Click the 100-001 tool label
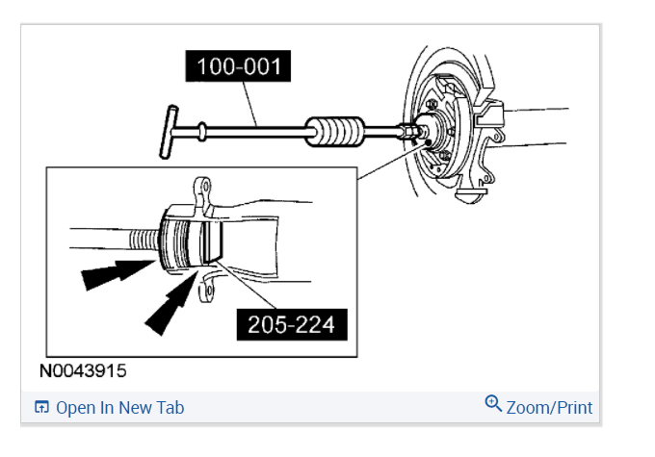click(x=238, y=66)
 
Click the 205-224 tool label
click(x=292, y=324)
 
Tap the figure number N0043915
click(x=83, y=370)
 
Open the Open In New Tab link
click(x=119, y=408)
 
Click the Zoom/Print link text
click(x=549, y=408)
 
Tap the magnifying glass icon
click(x=493, y=403)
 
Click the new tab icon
click(x=41, y=407)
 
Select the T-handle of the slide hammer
click(x=169, y=132)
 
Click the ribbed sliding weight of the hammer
click(x=335, y=132)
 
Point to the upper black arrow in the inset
click(x=118, y=273)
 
